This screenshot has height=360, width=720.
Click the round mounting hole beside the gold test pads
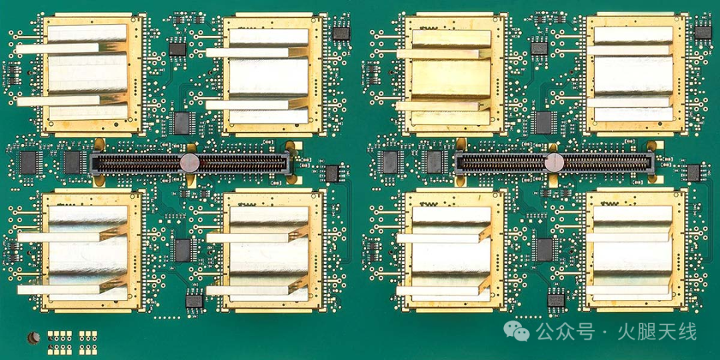pyautogui.click(x=33, y=339)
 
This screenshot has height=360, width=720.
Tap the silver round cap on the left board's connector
pyautogui.click(x=189, y=163)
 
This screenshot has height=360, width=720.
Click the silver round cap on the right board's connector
pyautogui.click(x=554, y=163)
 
